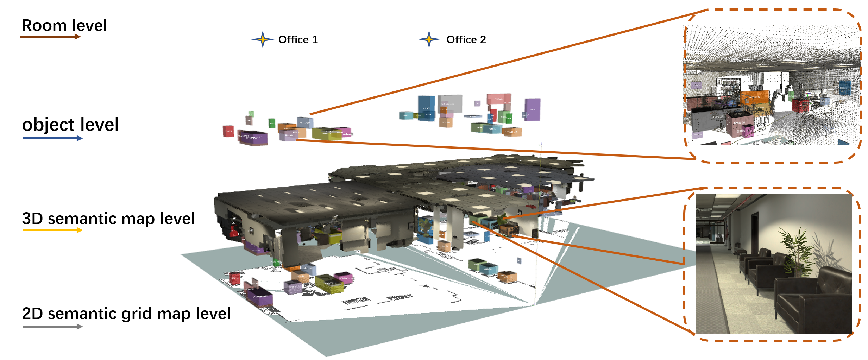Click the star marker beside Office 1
coord(263,39)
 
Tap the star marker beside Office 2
coord(429,39)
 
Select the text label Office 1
coord(298,40)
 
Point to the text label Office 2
coord(466,40)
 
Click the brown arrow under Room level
coord(51,37)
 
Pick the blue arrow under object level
coord(52,138)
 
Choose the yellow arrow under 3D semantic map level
coord(52,230)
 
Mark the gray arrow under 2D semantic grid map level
coord(52,327)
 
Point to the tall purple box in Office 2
coord(533,109)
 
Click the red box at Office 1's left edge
coord(228,131)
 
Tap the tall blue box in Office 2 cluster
coord(426,107)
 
